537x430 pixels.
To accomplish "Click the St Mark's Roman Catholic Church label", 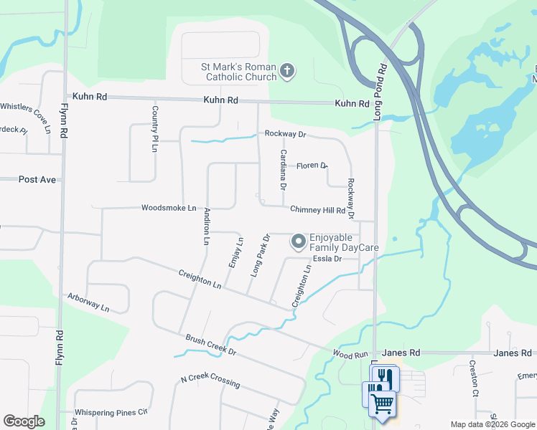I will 238,72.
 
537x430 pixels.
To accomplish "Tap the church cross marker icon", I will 287,70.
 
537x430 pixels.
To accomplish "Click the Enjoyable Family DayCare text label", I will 344,242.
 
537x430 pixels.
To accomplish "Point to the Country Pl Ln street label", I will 154,129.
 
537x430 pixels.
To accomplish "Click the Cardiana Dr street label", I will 284,169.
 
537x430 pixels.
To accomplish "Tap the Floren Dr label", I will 312,166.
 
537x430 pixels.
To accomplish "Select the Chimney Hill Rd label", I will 317,210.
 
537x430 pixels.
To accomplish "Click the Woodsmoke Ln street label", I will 169,208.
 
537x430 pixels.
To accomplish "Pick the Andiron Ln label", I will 206,226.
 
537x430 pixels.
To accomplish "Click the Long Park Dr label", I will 259,256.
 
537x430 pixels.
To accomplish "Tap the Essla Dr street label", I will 327,259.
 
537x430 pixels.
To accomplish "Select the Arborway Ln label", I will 88,302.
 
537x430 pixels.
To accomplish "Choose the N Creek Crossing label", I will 210,381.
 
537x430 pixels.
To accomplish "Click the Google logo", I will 24,421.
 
